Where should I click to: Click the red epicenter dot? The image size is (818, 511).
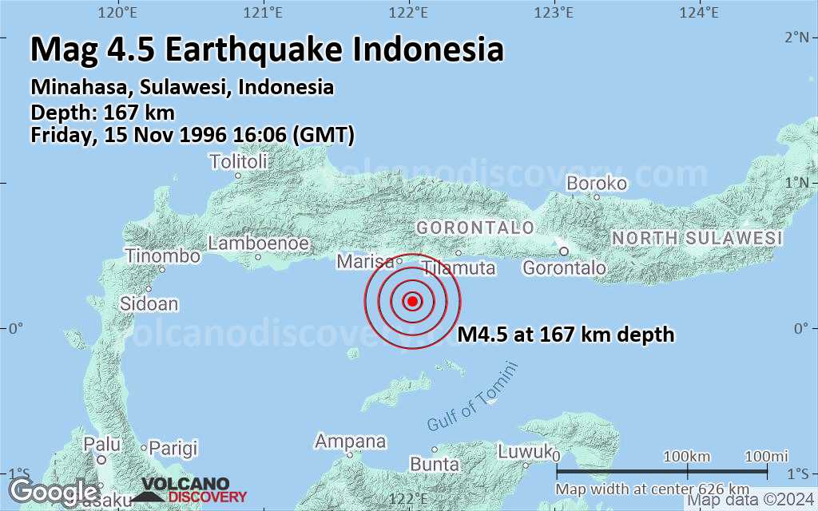pos(412,301)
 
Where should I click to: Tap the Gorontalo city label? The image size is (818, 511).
pos(564,268)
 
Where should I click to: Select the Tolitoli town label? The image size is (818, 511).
pos(238,162)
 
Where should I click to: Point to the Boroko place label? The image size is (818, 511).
pos(596,184)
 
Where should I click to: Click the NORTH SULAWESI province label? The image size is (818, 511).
pos(697,238)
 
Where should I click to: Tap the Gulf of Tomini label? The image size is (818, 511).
pos(472,397)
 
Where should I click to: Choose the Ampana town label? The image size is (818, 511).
pos(350,442)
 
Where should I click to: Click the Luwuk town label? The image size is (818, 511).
pos(525,451)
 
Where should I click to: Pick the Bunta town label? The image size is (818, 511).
pos(434,464)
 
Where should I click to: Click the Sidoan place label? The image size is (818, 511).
pos(149,303)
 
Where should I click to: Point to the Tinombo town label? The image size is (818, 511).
pos(162,256)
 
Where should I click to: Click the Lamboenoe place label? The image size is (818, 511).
pos(257,243)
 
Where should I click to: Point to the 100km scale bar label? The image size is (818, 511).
pos(687,456)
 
